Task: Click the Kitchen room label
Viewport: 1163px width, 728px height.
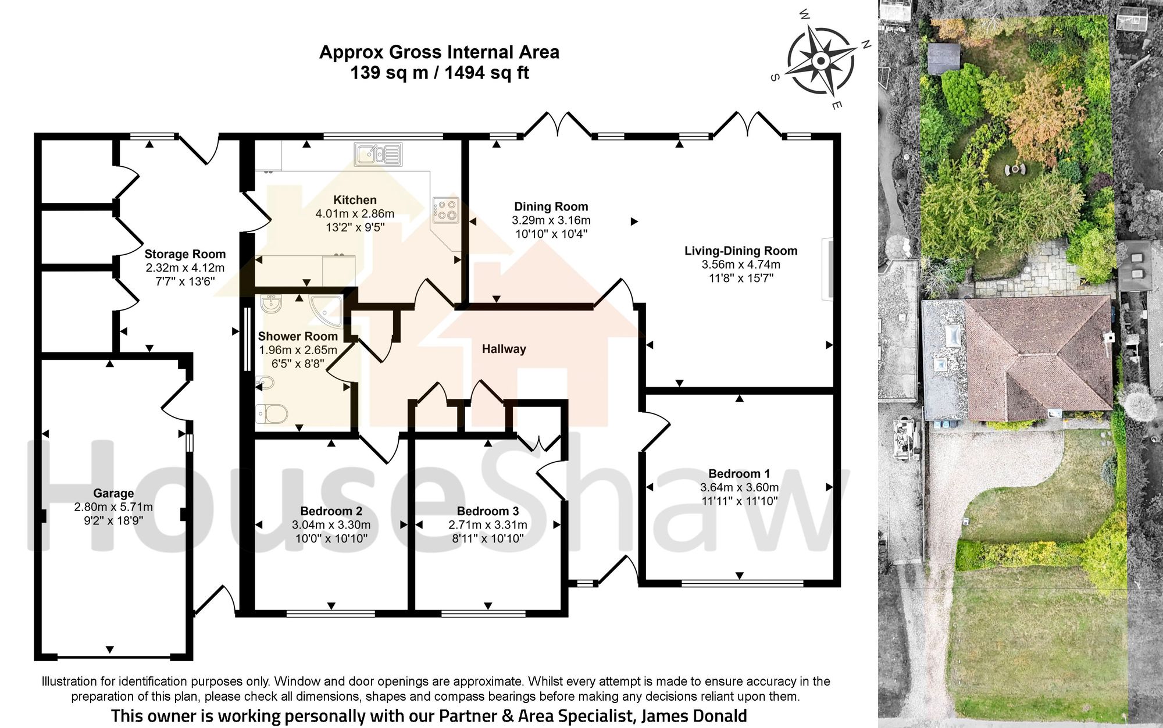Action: pos(355,200)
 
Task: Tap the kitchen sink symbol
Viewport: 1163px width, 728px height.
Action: pos(378,154)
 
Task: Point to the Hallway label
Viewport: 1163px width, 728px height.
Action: pos(504,349)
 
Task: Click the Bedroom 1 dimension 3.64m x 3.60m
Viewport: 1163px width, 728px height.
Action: pos(739,487)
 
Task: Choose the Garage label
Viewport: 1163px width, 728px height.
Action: pos(113,493)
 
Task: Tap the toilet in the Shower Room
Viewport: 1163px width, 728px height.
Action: pos(271,414)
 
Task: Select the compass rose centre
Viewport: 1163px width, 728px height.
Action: pos(820,60)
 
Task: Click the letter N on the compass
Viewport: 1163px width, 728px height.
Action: pos(865,44)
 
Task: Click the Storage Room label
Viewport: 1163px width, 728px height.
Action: pos(185,254)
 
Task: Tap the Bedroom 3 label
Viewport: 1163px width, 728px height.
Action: pos(487,511)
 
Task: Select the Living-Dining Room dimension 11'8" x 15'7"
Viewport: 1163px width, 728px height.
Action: pos(741,278)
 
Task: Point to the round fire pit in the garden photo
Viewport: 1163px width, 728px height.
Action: pos(1015,169)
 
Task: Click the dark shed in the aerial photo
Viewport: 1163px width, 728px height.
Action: pos(943,59)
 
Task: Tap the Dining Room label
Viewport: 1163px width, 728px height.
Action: pos(551,206)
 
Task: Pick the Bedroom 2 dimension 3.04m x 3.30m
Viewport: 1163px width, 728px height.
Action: pos(331,525)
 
